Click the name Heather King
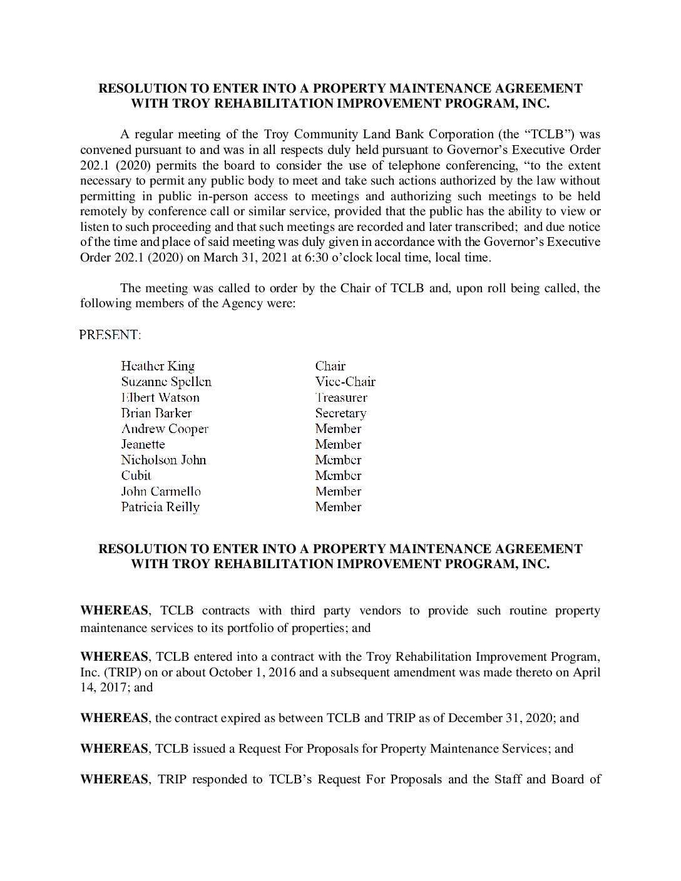pos(158,366)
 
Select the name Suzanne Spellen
pos(166,382)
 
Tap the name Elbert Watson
pos(160,397)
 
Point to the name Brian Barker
pos(156,413)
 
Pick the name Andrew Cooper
pos(165,429)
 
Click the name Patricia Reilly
pos(160,507)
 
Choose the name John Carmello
pos(161,491)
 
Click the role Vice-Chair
pos(345,382)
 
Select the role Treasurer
pos(341,397)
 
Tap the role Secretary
pos(340,413)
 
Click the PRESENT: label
pos(110,335)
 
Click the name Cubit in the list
pos(136,476)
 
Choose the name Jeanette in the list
pos(143,444)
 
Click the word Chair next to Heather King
pos(330,366)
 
